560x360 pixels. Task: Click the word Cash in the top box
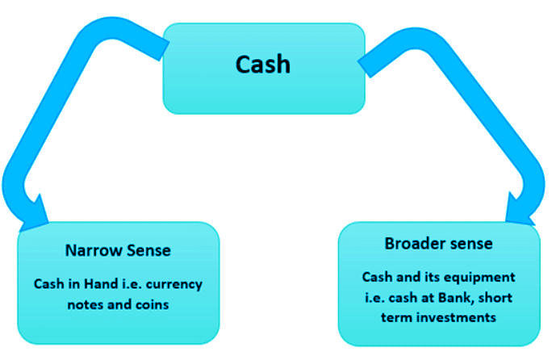point(263,64)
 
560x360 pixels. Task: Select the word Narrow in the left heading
point(92,250)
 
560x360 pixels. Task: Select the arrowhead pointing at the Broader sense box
point(522,207)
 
